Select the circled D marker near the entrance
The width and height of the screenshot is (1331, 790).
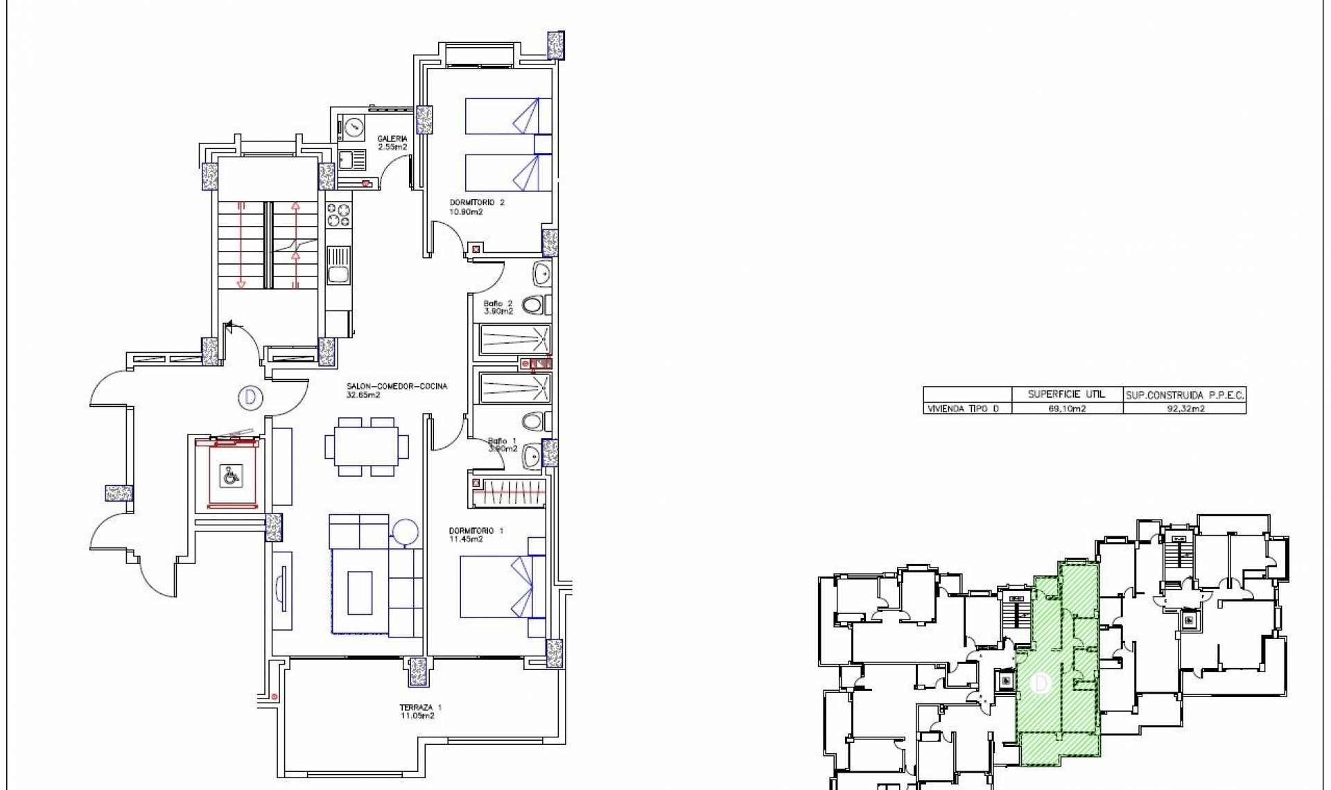[x=250, y=398]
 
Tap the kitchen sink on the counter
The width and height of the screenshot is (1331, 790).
[x=339, y=275]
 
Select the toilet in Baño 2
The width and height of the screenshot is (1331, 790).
[x=534, y=305]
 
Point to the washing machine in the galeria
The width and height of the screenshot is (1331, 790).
[x=353, y=128]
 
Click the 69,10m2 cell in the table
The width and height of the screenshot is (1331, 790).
[x=1067, y=409]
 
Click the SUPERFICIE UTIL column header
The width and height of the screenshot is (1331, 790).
[x=1067, y=394]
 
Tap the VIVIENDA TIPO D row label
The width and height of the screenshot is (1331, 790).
[x=964, y=409]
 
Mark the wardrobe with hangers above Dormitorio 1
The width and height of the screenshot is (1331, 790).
[x=511, y=492]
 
